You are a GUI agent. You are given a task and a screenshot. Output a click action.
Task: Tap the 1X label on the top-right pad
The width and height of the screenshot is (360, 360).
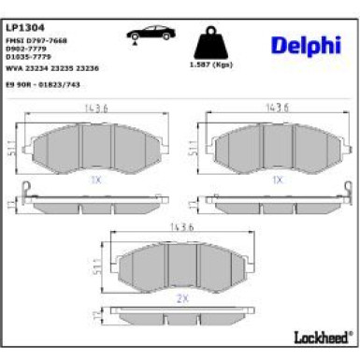coord(277,178)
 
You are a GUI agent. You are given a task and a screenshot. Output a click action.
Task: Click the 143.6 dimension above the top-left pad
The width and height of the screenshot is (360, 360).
coord(91,108)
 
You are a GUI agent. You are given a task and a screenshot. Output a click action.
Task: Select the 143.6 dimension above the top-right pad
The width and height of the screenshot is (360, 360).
coord(275,108)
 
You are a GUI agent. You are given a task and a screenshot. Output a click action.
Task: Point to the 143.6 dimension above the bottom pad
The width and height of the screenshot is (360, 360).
coord(180,227)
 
